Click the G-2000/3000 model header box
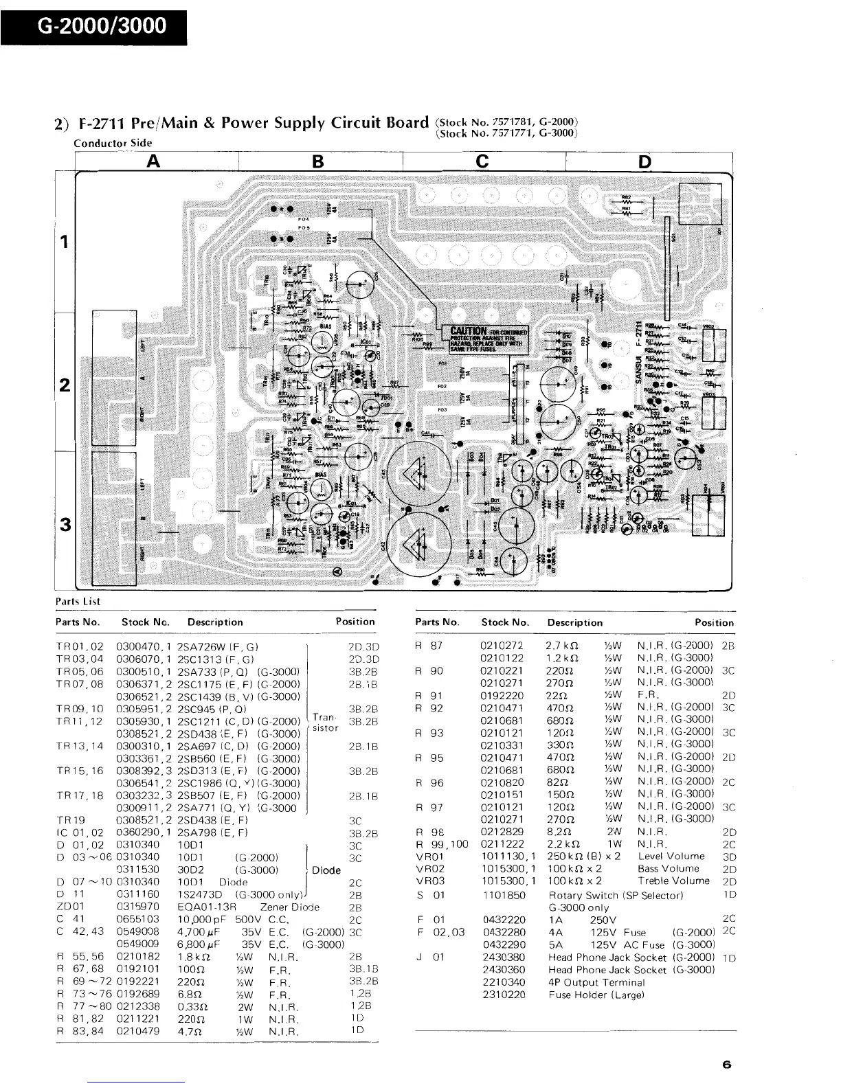point(93,25)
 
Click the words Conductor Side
point(113,143)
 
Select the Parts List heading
point(78,601)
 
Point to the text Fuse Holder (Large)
point(596,995)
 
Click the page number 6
point(726,1065)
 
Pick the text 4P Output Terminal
point(596,982)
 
